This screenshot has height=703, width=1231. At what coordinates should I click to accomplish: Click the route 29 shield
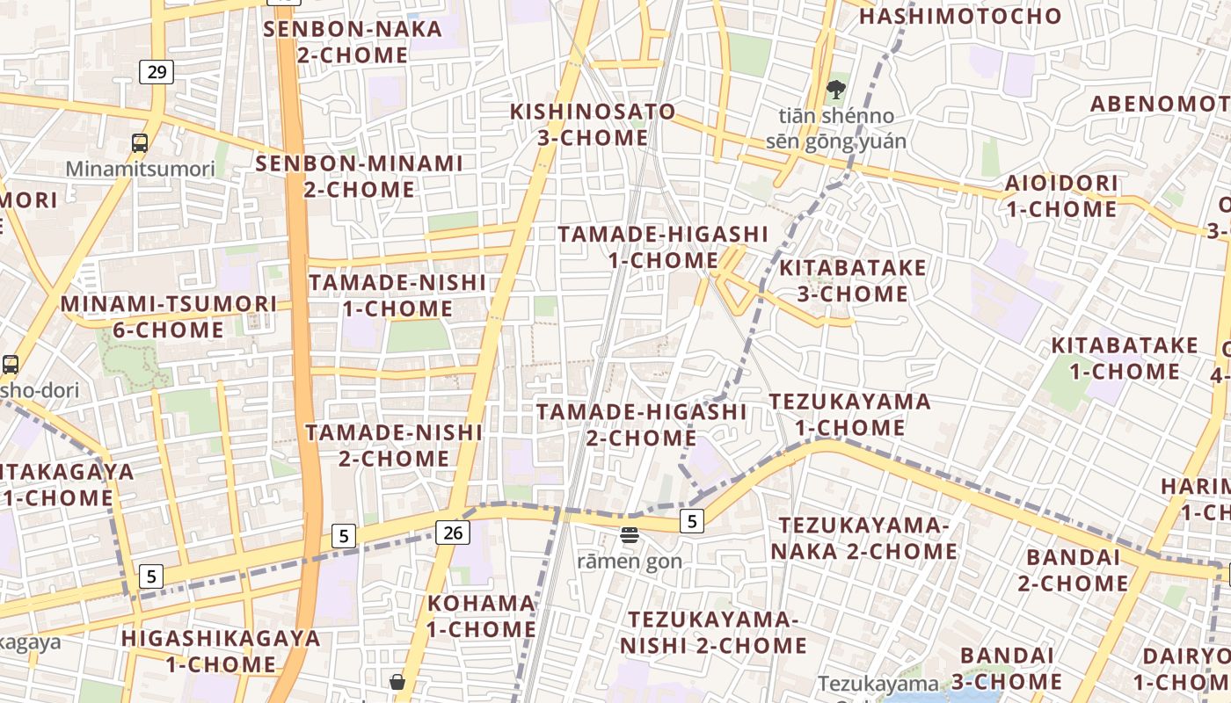(157, 71)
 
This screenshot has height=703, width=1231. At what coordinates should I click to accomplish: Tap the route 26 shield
(452, 532)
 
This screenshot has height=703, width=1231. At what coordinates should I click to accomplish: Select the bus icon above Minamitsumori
(139, 143)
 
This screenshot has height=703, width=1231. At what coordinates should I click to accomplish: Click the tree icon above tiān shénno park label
(835, 89)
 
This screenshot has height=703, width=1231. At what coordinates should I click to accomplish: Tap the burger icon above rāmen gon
(629, 534)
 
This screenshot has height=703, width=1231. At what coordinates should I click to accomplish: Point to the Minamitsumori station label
(141, 169)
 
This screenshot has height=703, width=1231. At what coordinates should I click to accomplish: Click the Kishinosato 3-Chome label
(594, 125)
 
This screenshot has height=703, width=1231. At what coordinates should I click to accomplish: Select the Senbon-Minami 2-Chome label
(359, 176)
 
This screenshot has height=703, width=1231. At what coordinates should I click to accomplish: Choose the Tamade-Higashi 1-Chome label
(663, 247)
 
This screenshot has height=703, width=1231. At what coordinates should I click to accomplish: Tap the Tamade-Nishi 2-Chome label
(394, 445)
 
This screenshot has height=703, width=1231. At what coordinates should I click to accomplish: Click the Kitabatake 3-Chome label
(852, 280)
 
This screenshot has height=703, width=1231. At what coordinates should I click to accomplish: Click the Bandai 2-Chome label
(1074, 569)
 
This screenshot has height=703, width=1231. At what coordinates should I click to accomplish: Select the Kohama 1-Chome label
(481, 616)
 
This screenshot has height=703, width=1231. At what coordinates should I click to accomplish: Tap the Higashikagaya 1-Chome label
(221, 650)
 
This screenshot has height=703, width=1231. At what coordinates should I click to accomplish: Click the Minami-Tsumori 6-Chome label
(169, 316)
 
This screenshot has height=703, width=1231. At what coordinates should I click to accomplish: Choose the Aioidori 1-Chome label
(1062, 196)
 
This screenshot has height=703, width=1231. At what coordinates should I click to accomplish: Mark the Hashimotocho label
(960, 16)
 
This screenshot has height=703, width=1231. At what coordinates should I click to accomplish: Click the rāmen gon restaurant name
(630, 561)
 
